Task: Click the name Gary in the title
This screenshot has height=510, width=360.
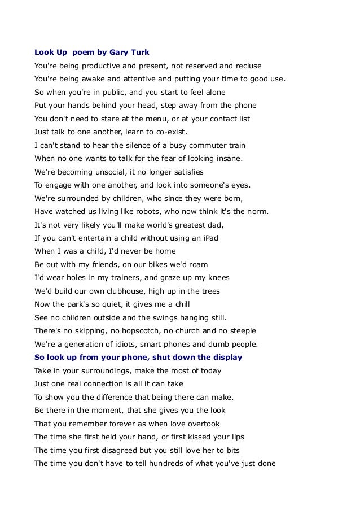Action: [117, 53]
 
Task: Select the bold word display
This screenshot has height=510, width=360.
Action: [223, 357]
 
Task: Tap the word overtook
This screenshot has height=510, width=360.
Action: [199, 423]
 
